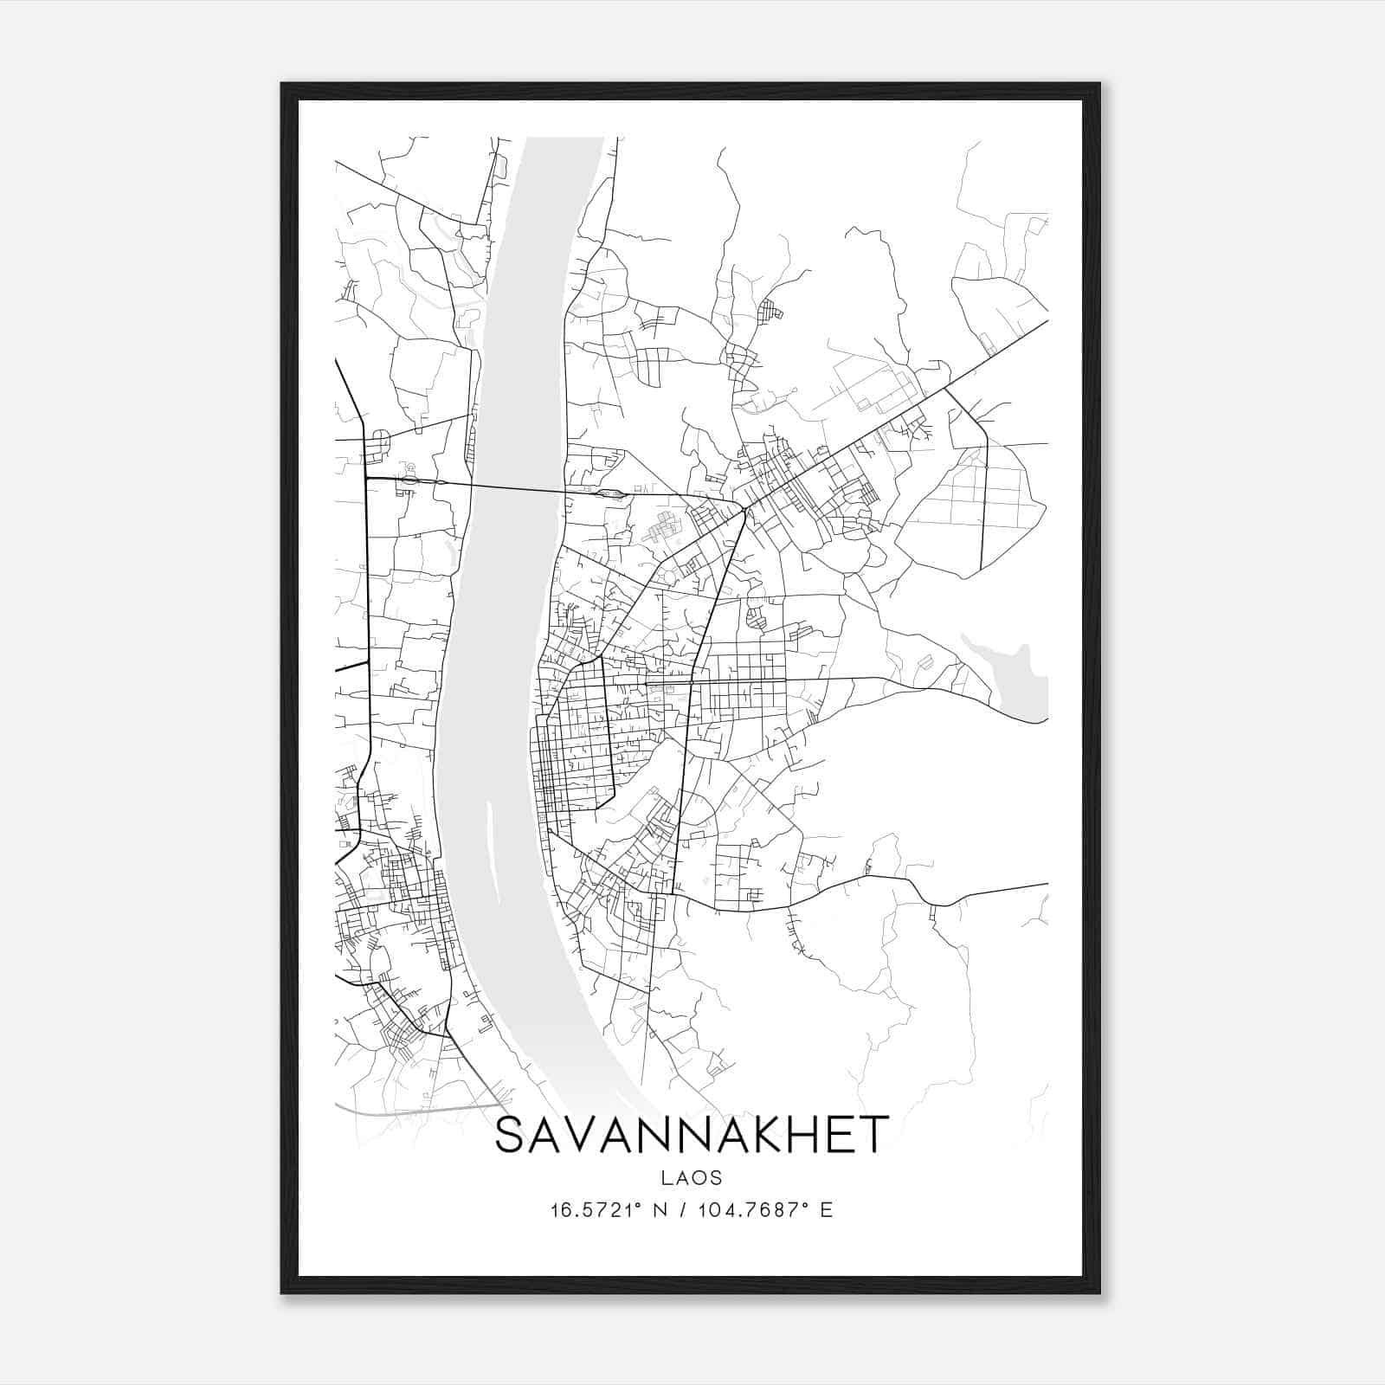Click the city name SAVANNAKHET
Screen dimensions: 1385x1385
click(691, 1135)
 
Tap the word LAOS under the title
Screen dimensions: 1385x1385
click(691, 1178)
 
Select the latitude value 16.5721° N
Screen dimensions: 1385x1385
click(608, 1210)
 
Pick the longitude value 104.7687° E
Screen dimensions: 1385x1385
click(764, 1210)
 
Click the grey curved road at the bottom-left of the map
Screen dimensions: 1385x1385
click(415, 1109)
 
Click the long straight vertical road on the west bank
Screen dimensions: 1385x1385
click(370, 606)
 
